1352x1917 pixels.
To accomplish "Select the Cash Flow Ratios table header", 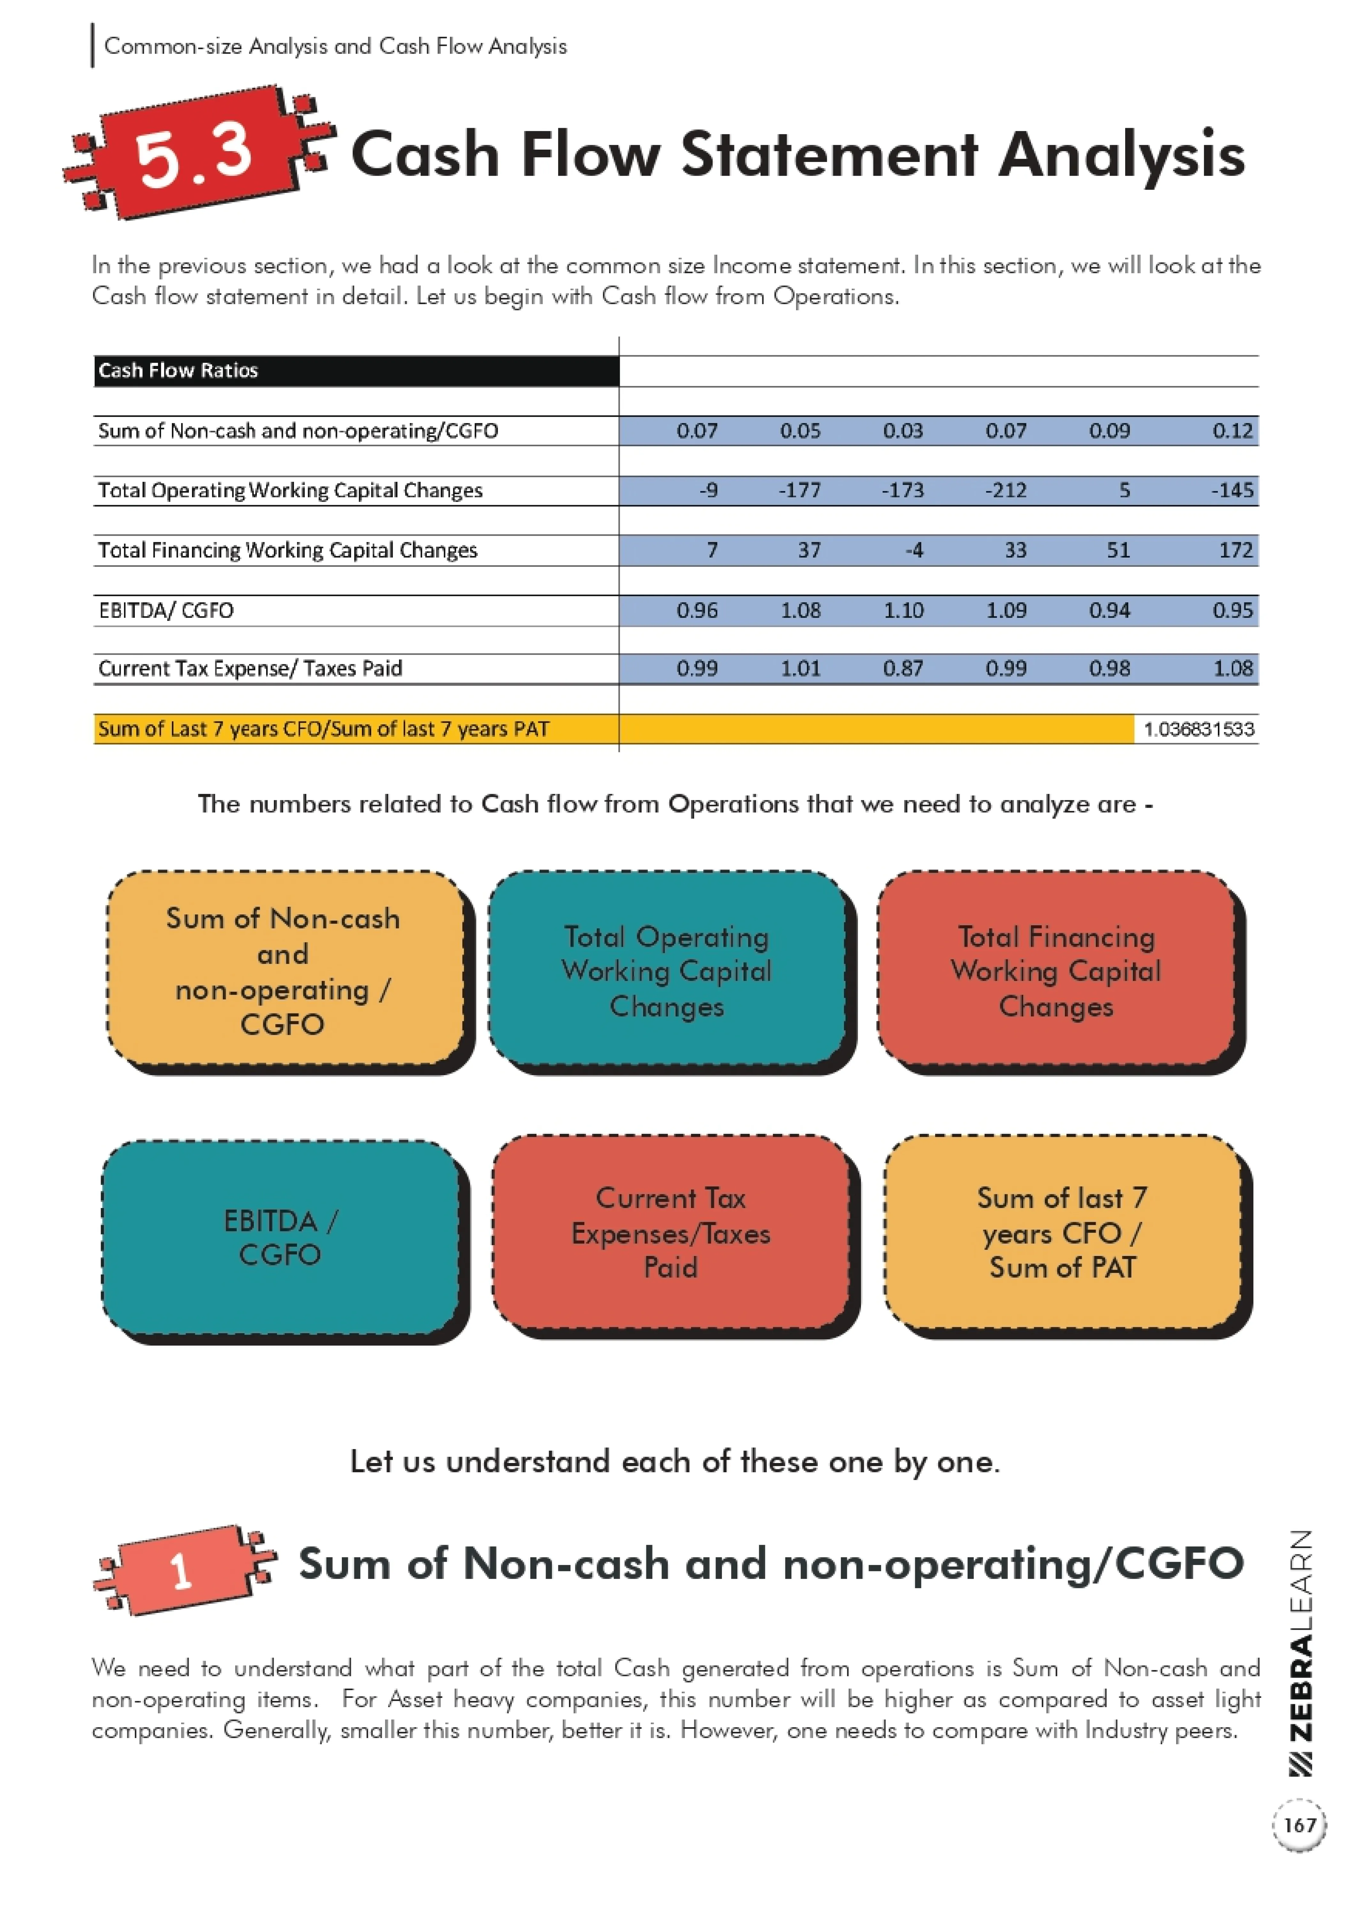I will point(179,371).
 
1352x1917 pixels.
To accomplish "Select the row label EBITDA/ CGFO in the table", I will point(166,610).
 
